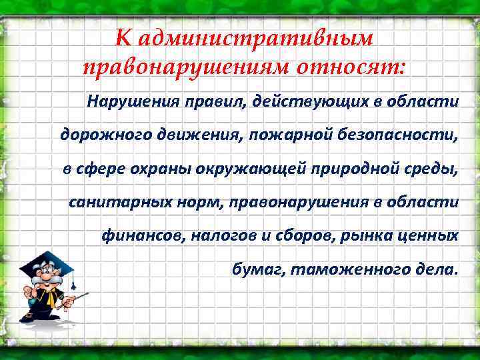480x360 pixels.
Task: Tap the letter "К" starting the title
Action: tap(123, 38)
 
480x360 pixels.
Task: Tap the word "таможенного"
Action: tap(333, 269)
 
